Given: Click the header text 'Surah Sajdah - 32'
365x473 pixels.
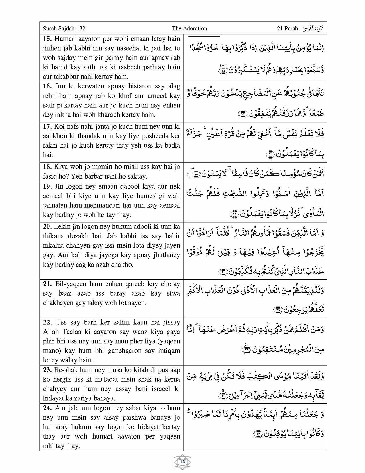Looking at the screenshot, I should (x=64, y=28).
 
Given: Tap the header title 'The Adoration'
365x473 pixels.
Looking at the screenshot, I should (x=189, y=28).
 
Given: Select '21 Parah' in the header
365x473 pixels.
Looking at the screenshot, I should (x=287, y=28).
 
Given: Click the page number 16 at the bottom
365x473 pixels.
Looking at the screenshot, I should (x=182, y=462).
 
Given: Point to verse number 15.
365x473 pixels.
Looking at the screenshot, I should (x=47, y=39).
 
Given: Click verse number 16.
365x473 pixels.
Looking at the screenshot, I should (x=47, y=86).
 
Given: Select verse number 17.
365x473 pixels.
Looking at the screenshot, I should (x=47, y=126).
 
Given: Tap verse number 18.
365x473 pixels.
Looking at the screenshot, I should (x=47, y=167).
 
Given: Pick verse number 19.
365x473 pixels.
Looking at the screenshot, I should (x=47, y=186).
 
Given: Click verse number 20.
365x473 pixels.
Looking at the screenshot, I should (x=47, y=226).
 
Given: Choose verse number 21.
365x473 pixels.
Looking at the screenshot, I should (x=47, y=284).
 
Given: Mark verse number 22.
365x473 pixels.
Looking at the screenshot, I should (x=47, y=322).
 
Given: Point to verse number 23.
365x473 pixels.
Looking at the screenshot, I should (x=47, y=370).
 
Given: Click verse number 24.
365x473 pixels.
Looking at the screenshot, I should (x=47, y=408).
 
